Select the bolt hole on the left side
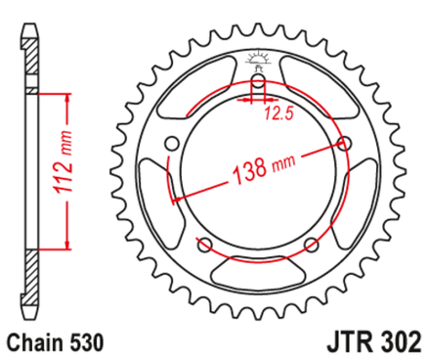pyautogui.click(x=173, y=145)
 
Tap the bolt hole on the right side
pyautogui.click(x=343, y=144)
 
